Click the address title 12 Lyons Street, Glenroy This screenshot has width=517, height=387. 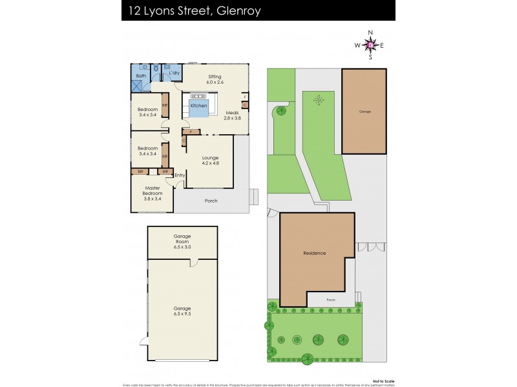click(x=191, y=11)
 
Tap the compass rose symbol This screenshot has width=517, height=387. click(x=370, y=45)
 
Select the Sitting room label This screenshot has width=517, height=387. click(x=215, y=79)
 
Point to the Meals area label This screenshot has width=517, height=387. click(x=232, y=115)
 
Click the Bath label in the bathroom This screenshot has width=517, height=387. click(x=140, y=76)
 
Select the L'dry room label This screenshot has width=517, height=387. click(x=174, y=73)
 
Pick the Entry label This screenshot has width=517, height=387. click(x=179, y=175)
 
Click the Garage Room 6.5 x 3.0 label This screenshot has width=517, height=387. click(x=182, y=242)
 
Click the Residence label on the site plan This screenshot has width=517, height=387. click(x=315, y=253)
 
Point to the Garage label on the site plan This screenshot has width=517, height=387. click(x=365, y=112)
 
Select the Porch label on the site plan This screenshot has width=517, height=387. click(x=331, y=300)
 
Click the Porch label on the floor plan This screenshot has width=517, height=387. click(x=211, y=201)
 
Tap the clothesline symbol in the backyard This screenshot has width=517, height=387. click(x=318, y=100)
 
